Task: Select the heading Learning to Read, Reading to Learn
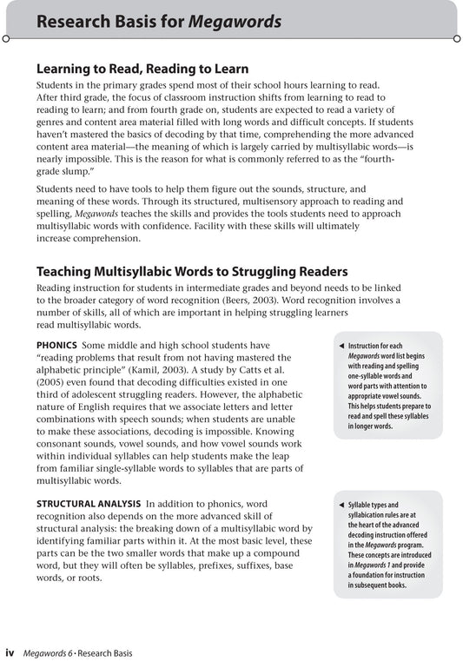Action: click(142, 69)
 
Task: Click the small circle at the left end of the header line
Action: click(6, 38)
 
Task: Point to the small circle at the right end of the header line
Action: click(456, 38)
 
